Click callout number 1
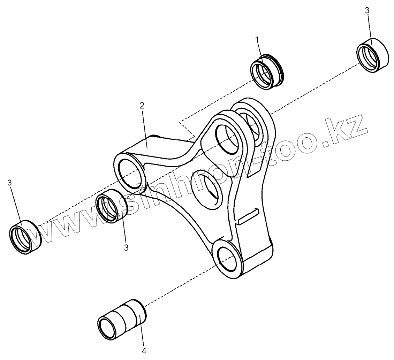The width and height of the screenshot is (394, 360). coord(257,40)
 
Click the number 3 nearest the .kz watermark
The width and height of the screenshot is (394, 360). coord(367,11)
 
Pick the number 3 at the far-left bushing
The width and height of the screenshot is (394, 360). coord(9,183)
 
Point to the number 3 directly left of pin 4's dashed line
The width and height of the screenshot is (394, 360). coord(126,248)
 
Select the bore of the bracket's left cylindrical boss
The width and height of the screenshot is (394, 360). coord(130,171)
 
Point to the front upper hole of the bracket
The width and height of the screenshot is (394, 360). coord(229,138)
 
